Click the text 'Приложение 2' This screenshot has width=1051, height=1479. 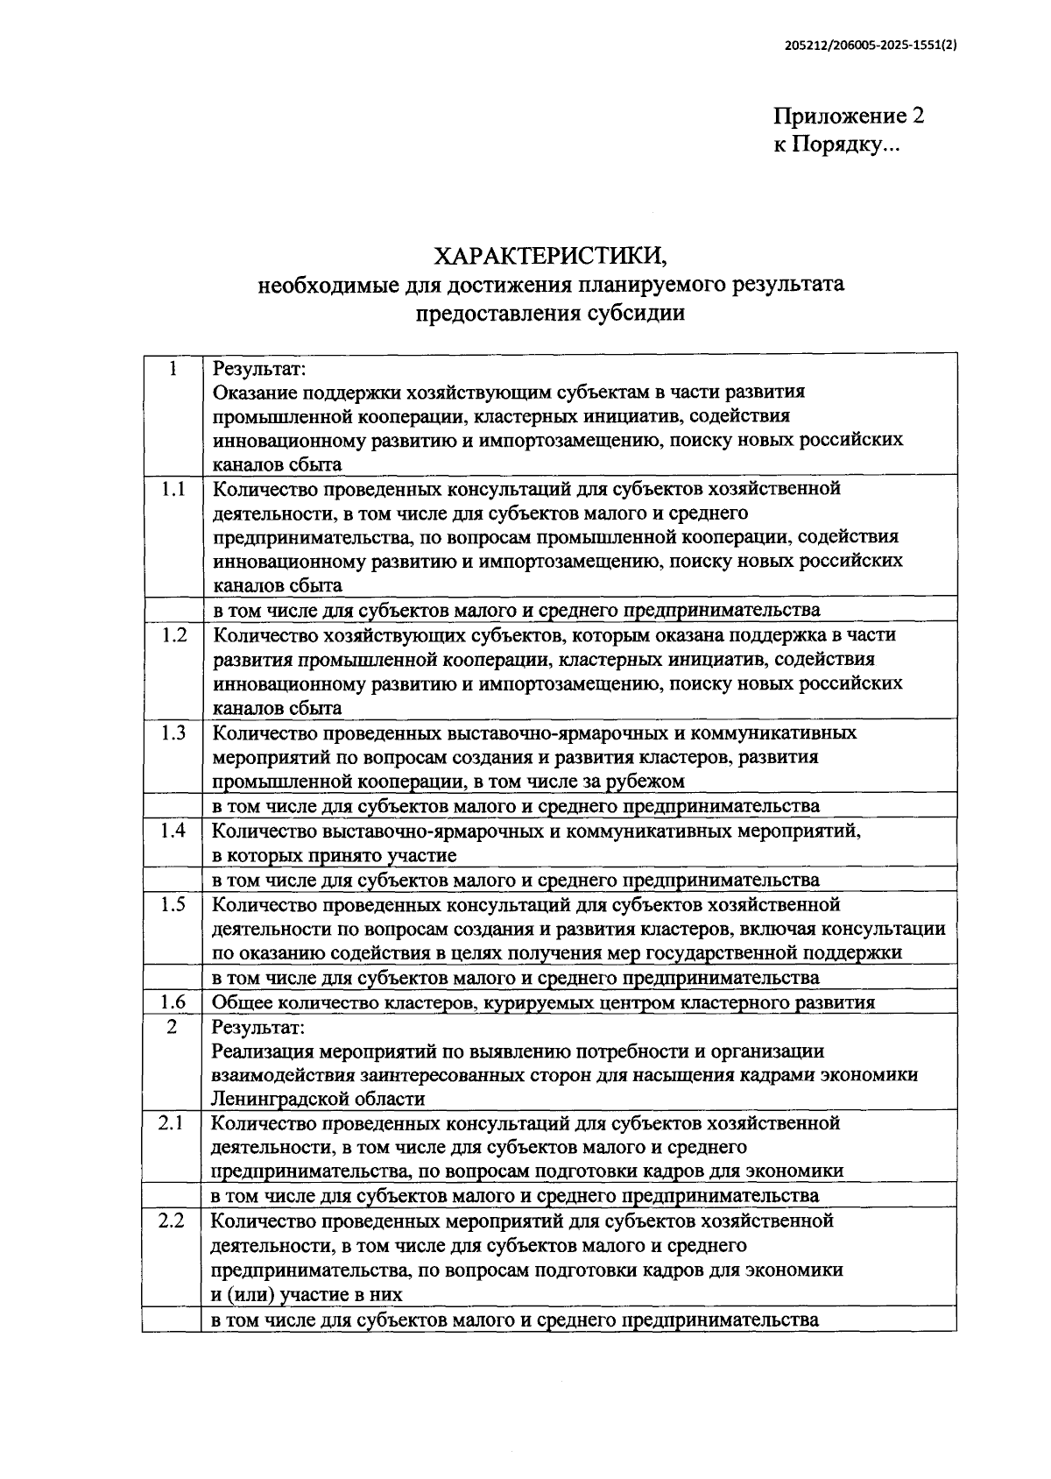(848, 117)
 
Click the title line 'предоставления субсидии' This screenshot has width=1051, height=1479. (550, 313)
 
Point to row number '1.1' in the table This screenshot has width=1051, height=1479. (173, 490)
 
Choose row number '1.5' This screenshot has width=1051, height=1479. (173, 904)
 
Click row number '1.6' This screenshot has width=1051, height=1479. (173, 1002)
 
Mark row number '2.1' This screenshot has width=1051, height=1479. (172, 1122)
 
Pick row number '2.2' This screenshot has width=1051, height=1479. (172, 1220)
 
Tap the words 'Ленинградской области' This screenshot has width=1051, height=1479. (319, 1099)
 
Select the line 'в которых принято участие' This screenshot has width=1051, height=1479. (335, 855)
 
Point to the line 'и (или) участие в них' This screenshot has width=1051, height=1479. (307, 1294)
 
